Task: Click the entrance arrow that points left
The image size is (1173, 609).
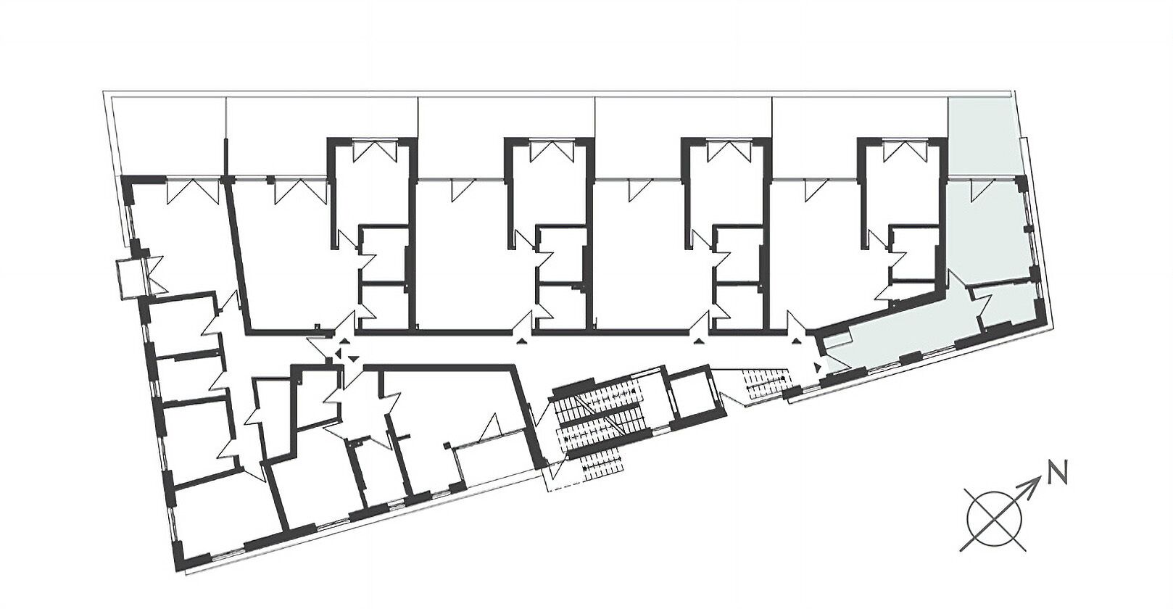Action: click(338, 355)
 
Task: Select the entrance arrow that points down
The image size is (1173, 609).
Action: click(354, 357)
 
